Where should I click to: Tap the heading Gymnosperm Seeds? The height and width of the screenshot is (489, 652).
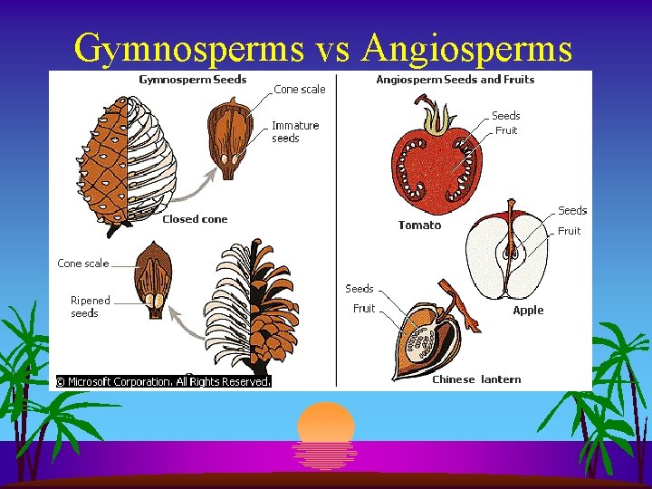pyautogui.click(x=192, y=80)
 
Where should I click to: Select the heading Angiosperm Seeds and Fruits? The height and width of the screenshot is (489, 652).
pyautogui.click(x=455, y=80)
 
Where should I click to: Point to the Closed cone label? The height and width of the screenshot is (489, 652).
pyautogui.click(x=195, y=219)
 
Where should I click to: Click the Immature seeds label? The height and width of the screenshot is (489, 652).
pyautogui.click(x=295, y=132)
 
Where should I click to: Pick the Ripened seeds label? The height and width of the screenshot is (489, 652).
pyautogui.click(x=91, y=307)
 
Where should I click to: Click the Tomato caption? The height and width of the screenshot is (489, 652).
pyautogui.click(x=419, y=225)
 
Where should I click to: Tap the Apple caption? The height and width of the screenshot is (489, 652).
pyautogui.click(x=528, y=311)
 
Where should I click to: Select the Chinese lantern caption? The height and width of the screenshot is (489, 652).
pyautogui.click(x=476, y=379)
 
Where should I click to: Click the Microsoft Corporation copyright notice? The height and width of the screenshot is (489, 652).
pyautogui.click(x=164, y=382)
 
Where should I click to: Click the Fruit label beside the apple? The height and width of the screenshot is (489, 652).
pyautogui.click(x=569, y=231)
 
